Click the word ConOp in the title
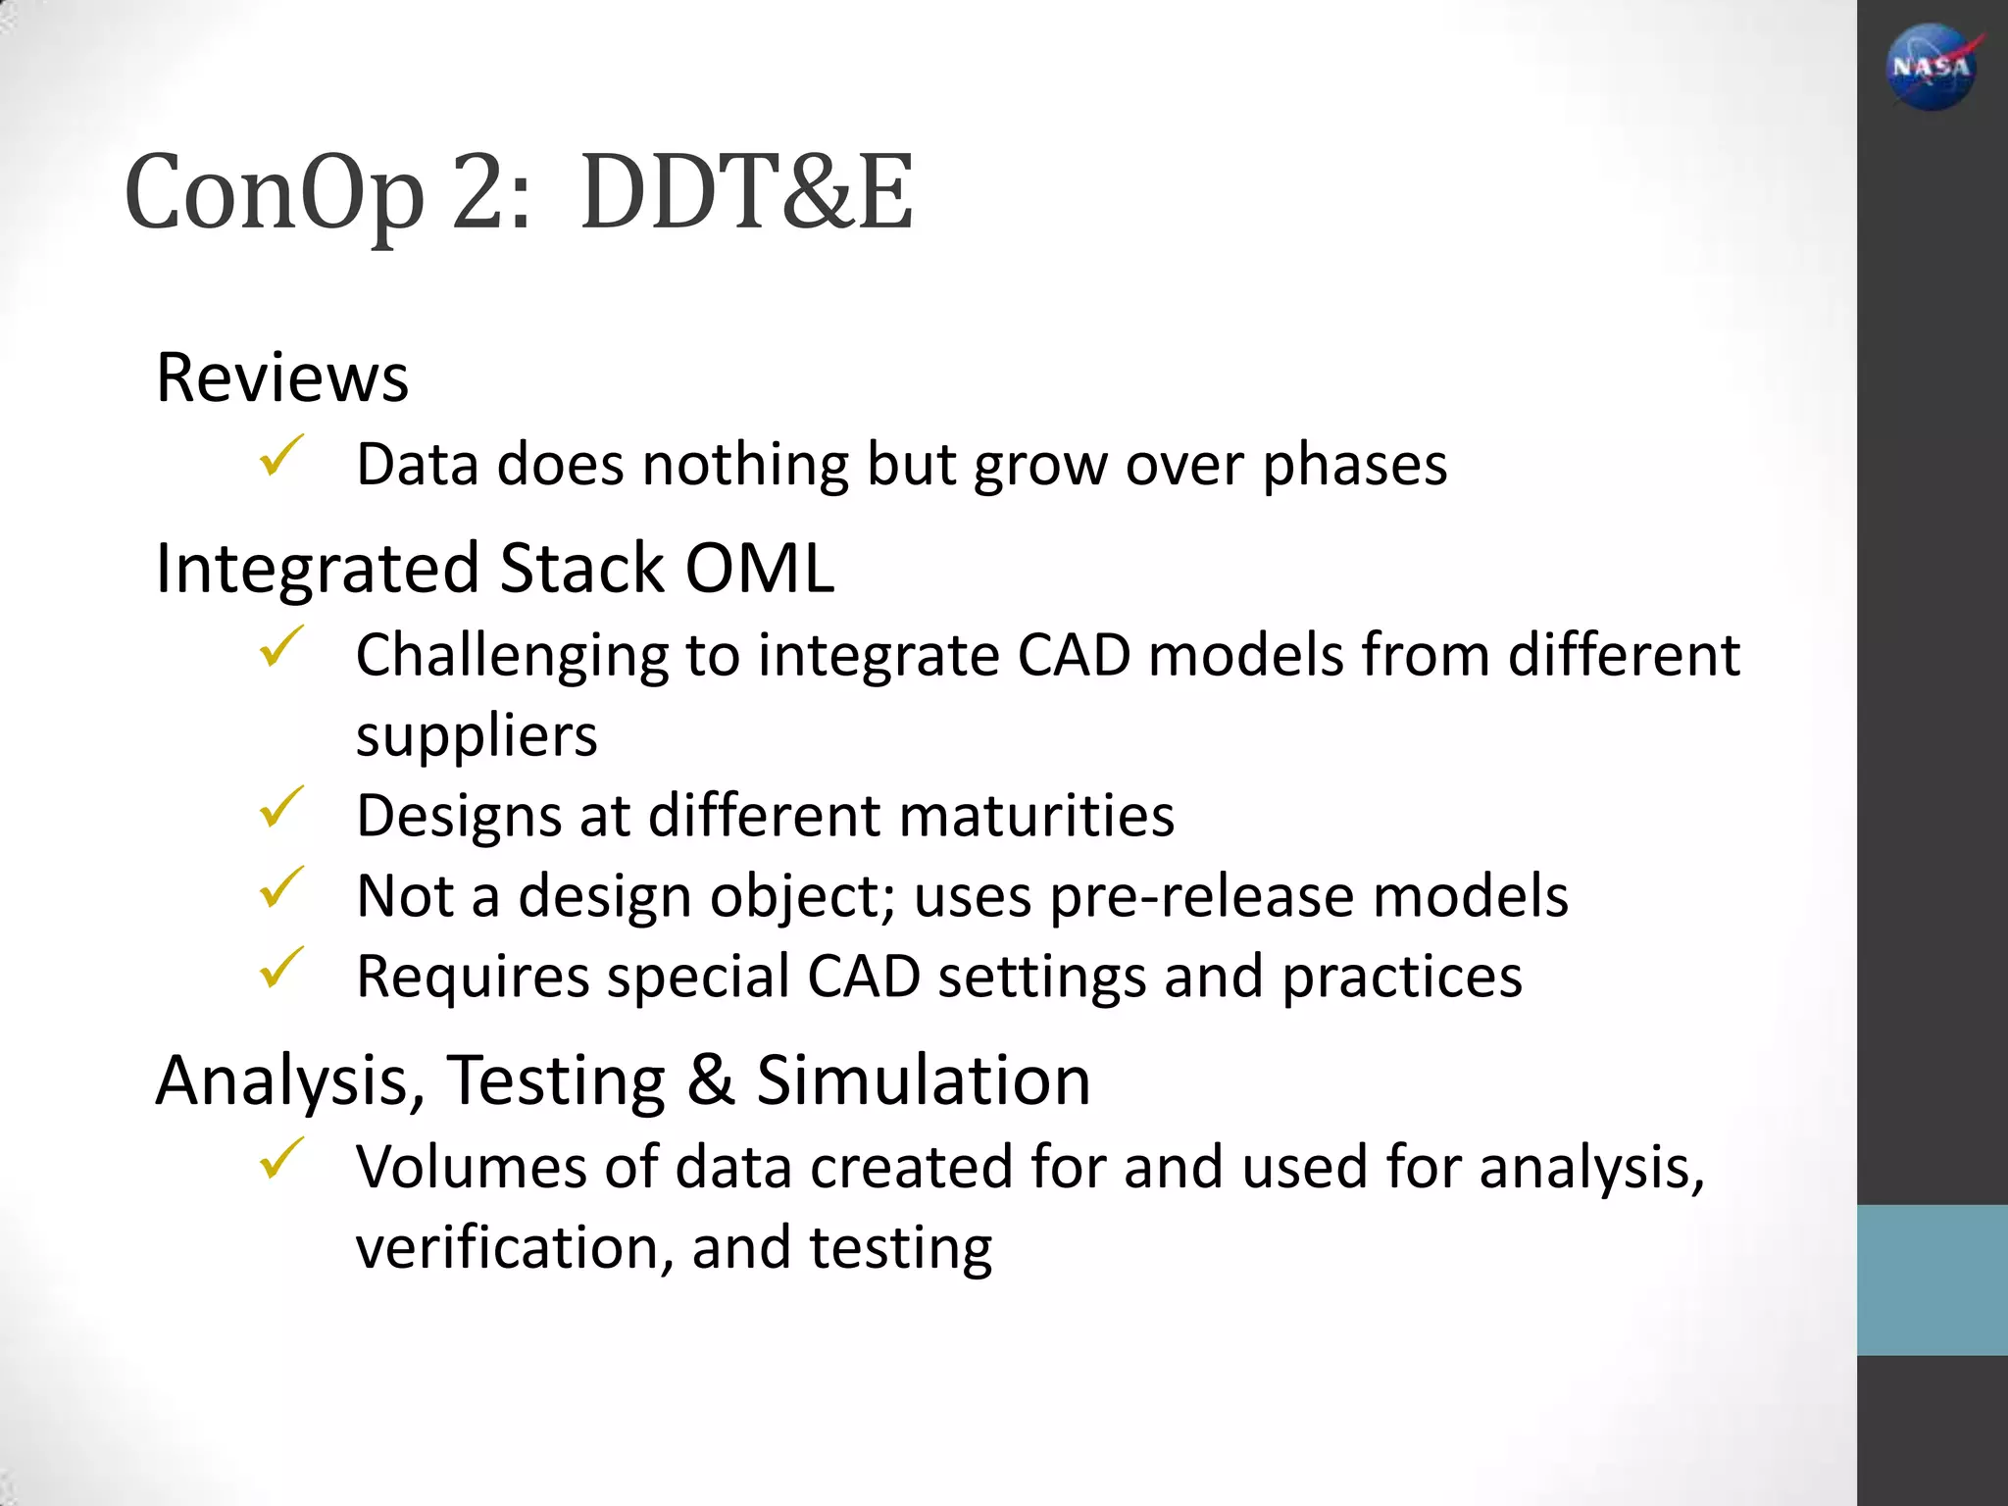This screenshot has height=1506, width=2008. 274,194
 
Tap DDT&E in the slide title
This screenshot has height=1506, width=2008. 746,194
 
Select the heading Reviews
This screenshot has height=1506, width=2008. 281,377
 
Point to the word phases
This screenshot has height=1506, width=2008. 1354,465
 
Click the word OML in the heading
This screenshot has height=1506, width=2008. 759,568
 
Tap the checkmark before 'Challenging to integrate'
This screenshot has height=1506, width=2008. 280,647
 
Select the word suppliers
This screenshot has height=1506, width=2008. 477,735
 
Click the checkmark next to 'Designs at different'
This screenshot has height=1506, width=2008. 280,808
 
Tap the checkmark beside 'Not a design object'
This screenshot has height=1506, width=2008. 280,888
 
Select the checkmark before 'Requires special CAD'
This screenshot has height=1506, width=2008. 280,969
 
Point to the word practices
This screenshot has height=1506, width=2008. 1402,977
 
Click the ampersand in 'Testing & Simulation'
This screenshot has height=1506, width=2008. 711,1080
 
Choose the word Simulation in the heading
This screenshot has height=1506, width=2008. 924,1080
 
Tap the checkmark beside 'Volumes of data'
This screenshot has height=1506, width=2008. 280,1159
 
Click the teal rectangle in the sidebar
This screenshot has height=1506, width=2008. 1932,1280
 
